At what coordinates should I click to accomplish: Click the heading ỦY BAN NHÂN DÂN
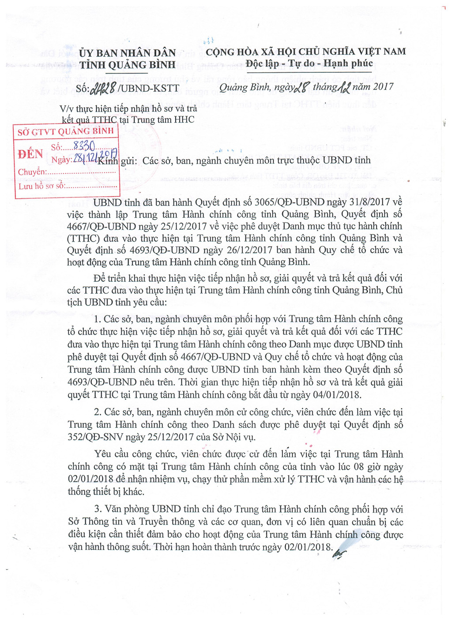point(128,53)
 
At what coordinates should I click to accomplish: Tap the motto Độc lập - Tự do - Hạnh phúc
point(309,64)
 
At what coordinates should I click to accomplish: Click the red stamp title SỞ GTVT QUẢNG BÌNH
point(66,131)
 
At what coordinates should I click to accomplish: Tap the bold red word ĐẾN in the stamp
point(30,154)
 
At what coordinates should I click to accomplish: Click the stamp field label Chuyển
point(31,172)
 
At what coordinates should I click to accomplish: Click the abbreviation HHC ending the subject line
point(184,120)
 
